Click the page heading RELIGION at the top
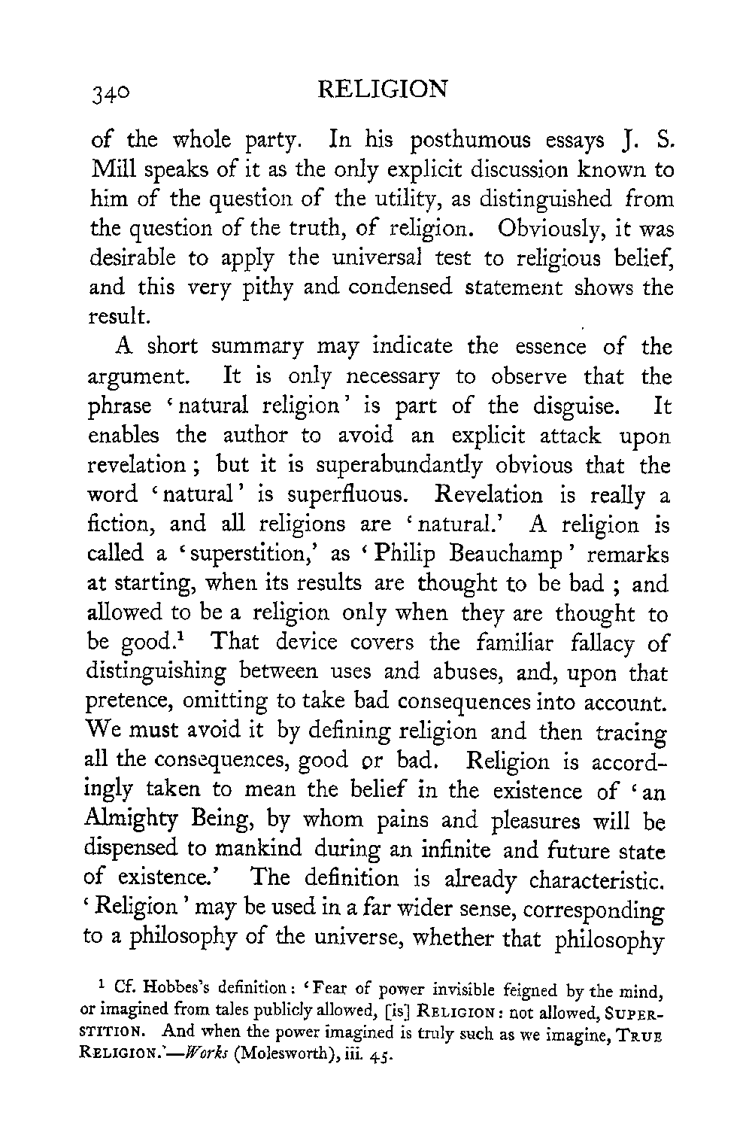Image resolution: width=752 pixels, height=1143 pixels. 383,90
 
